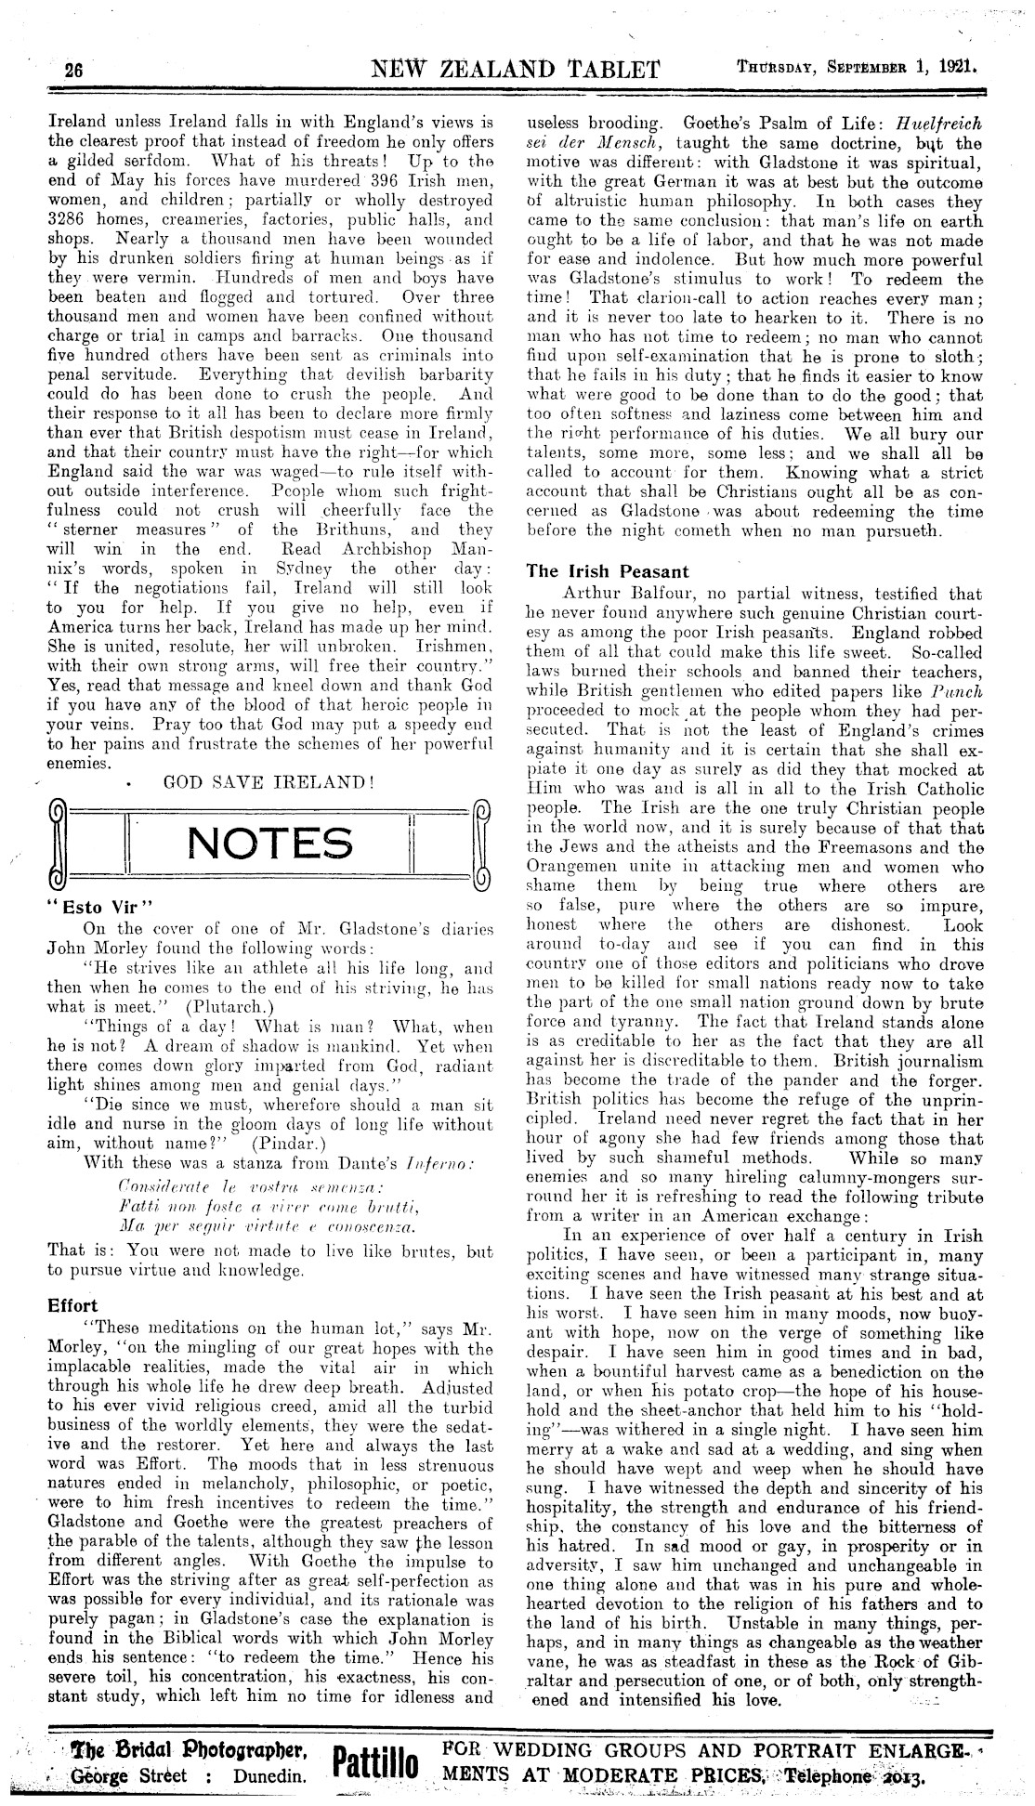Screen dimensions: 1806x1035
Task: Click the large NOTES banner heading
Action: [269, 843]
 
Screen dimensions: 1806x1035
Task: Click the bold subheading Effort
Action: [72, 1304]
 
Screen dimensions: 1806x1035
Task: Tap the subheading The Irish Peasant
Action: [608, 571]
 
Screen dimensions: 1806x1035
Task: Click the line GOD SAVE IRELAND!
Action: [269, 782]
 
